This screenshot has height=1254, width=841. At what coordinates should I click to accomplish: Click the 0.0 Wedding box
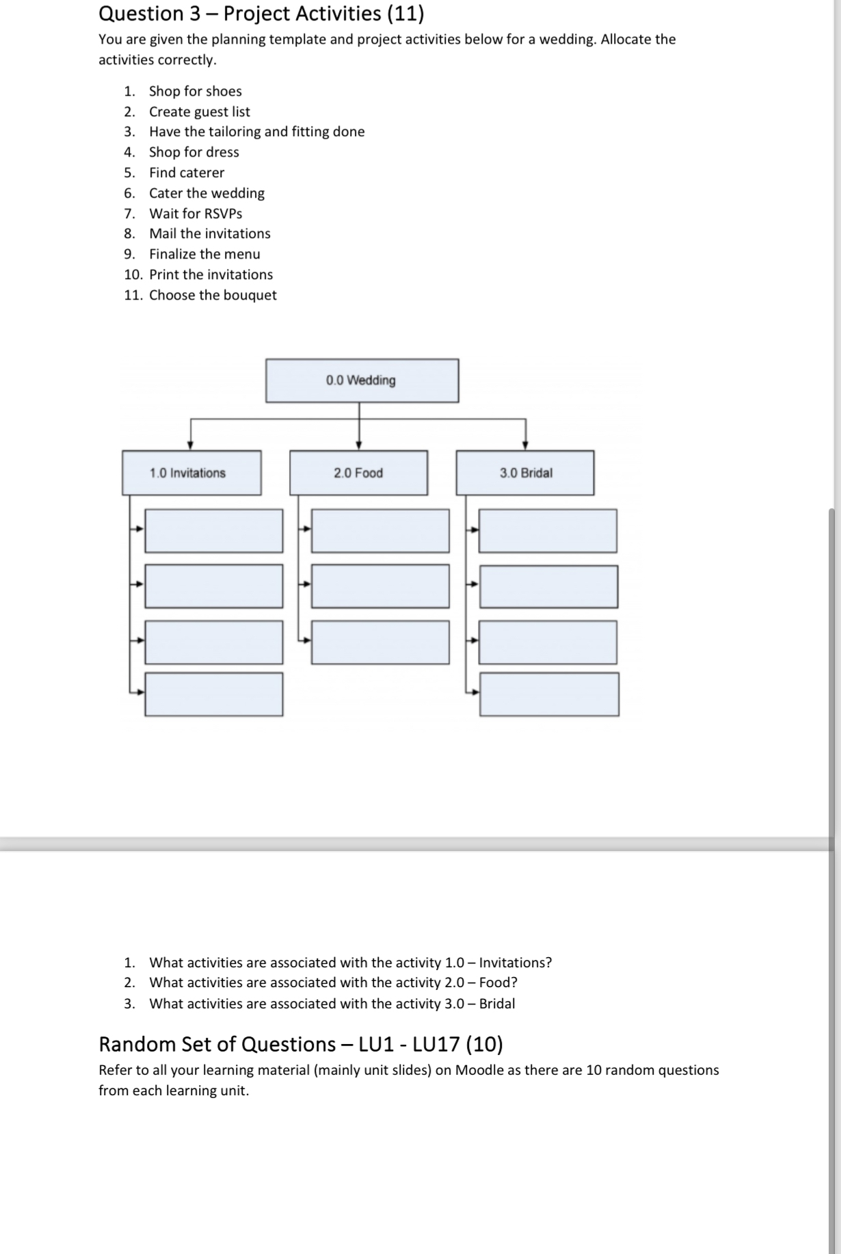click(x=362, y=380)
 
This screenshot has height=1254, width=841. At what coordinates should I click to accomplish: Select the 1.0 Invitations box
click(x=191, y=473)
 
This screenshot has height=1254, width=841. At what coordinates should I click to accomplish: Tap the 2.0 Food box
click(x=358, y=473)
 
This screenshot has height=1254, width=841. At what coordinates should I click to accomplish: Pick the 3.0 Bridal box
click(x=525, y=473)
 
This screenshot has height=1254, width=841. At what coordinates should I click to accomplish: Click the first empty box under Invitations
click(x=213, y=531)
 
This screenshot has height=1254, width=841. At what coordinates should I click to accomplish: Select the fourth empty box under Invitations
click(x=213, y=694)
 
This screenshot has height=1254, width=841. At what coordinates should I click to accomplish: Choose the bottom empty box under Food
click(x=380, y=642)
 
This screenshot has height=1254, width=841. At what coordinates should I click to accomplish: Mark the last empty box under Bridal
click(x=549, y=694)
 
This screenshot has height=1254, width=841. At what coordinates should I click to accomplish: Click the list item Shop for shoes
click(x=195, y=91)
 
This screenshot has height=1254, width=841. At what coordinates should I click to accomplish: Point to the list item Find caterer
click(x=187, y=172)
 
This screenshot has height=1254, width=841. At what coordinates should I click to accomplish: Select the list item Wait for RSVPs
click(x=196, y=213)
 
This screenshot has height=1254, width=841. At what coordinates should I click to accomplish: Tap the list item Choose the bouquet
click(x=213, y=295)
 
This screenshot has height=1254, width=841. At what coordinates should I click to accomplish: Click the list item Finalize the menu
click(x=204, y=254)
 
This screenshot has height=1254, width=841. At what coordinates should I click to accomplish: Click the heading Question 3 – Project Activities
click(x=261, y=14)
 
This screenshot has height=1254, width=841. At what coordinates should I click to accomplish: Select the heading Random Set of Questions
click(x=301, y=1044)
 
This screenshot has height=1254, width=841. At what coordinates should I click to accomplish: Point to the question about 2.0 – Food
click(x=333, y=982)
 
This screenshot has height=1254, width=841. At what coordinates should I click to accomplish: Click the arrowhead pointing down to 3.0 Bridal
click(x=525, y=445)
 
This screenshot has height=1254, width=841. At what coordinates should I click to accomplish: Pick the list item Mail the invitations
click(x=210, y=233)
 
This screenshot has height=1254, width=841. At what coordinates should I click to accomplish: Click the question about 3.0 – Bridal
click(x=332, y=1004)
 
